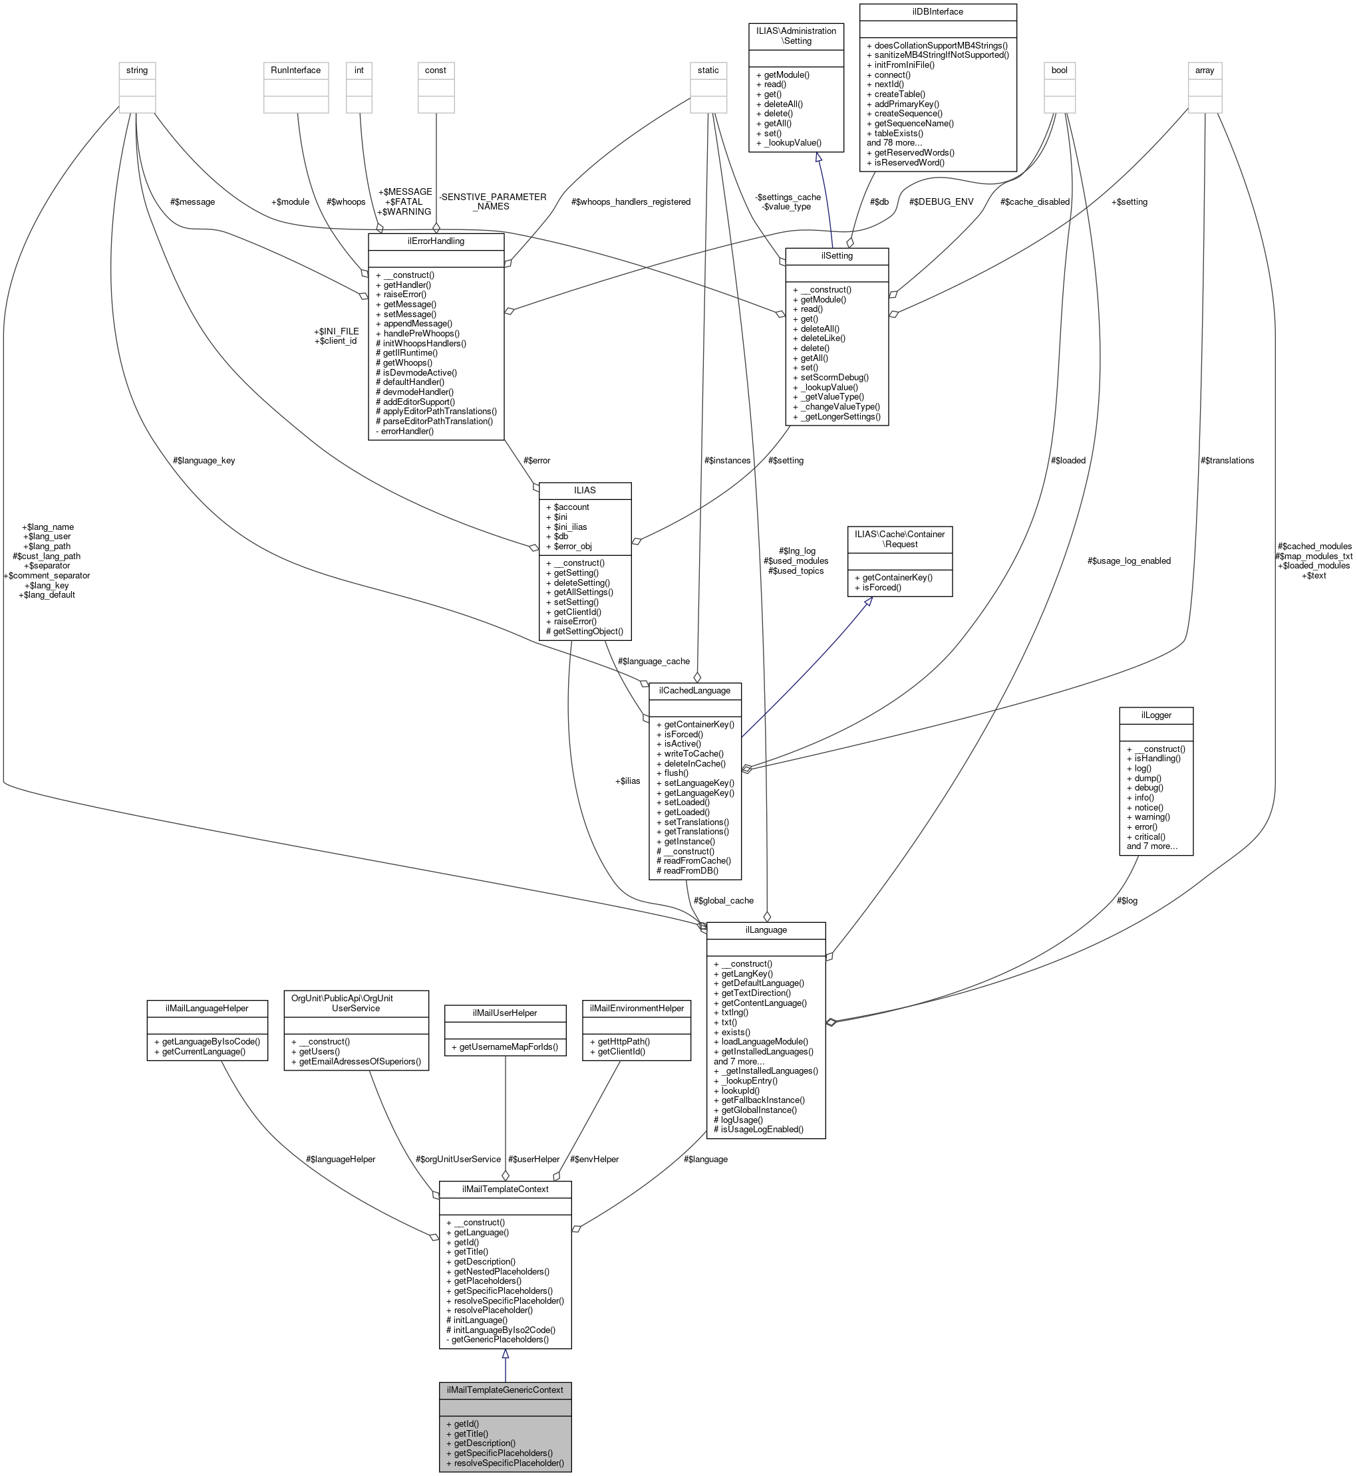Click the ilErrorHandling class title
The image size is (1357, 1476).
click(436, 241)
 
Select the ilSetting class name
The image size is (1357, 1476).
click(836, 255)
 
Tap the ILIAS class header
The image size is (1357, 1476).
click(585, 489)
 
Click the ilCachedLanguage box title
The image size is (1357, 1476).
click(694, 690)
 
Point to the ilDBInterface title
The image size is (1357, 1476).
click(937, 12)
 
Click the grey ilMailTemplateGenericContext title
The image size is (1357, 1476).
click(504, 1390)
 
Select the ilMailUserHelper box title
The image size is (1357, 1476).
click(504, 1012)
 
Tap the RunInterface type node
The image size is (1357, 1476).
click(295, 70)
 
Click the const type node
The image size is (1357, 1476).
click(436, 70)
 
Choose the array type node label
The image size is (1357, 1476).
click(1204, 70)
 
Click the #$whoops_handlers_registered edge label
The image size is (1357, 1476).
click(630, 202)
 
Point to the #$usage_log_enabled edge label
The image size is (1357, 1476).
click(1129, 560)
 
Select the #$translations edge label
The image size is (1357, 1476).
click(1227, 460)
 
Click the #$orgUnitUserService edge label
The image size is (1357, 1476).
click(458, 1159)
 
